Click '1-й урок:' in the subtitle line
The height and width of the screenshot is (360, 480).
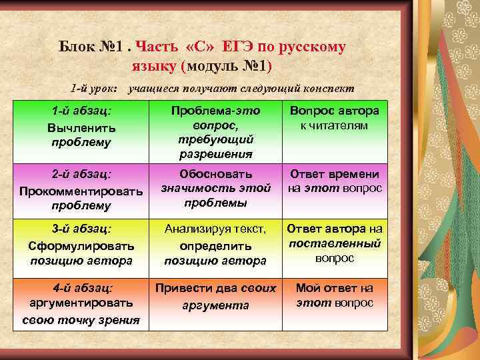pos(94,89)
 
